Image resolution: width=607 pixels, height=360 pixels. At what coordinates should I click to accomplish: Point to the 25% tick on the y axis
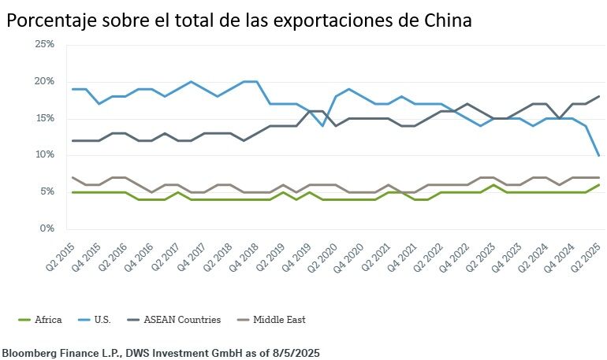click(x=44, y=45)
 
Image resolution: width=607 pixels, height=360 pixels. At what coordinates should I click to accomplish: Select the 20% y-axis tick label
click(x=44, y=81)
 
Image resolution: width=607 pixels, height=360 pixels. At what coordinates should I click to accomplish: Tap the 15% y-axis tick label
click(x=44, y=118)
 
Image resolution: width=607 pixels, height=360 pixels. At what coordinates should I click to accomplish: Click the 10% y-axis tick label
click(x=44, y=154)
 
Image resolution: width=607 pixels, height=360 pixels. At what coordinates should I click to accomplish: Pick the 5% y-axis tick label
click(x=47, y=191)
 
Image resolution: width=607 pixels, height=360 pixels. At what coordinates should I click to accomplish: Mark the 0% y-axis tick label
click(x=47, y=228)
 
